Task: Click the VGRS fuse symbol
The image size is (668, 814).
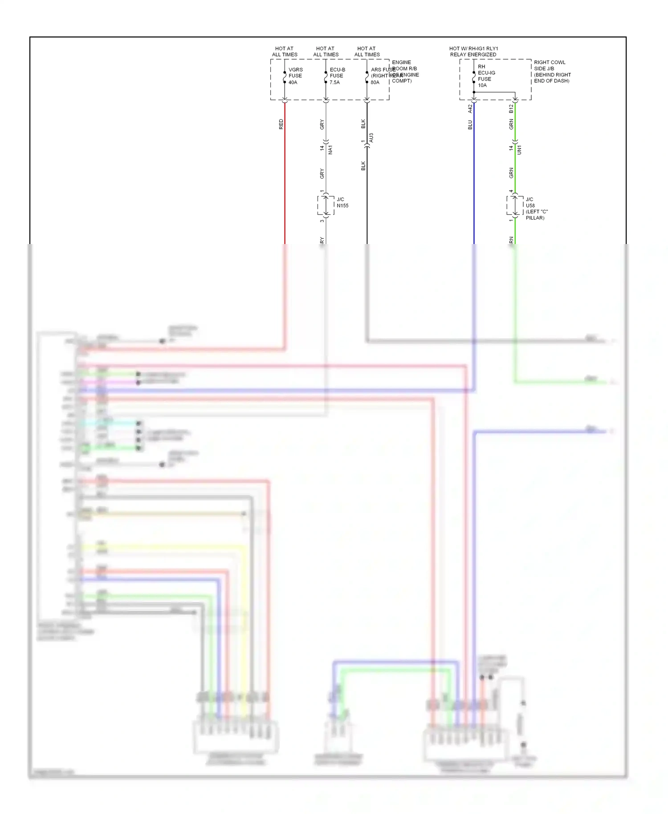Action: click(x=285, y=77)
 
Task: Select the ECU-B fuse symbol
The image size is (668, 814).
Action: click(x=326, y=77)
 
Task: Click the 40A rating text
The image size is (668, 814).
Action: click(x=293, y=82)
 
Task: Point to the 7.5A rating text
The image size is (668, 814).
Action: click(x=334, y=82)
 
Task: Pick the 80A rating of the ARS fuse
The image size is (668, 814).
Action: click(x=375, y=82)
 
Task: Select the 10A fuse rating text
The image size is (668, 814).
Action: click(x=482, y=85)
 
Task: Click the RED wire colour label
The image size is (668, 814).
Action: click(x=281, y=124)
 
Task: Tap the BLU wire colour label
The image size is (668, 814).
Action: click(x=470, y=125)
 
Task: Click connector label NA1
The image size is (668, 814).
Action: click(x=330, y=150)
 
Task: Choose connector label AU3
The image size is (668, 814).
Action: click(x=371, y=138)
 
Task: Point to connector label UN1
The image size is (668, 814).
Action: click(x=519, y=150)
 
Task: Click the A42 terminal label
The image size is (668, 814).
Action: click(x=470, y=108)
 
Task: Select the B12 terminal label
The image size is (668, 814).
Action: click(x=511, y=108)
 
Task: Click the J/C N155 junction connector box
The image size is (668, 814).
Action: click(x=326, y=206)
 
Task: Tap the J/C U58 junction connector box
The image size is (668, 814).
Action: click(x=515, y=206)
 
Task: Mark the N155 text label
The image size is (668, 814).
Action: click(x=342, y=206)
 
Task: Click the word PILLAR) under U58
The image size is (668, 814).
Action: click(x=535, y=218)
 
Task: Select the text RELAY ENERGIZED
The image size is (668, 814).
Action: click(x=473, y=55)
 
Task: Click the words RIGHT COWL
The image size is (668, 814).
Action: click(x=550, y=62)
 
